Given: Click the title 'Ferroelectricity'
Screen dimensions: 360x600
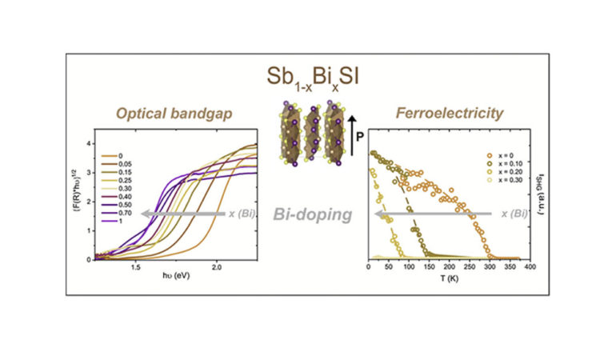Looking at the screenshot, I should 450,114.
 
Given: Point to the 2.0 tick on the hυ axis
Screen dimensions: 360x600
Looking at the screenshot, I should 216,266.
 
